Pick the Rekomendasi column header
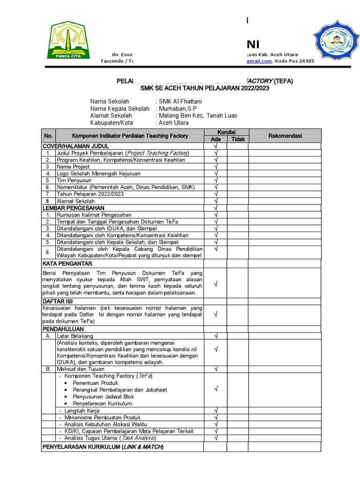click(285, 136)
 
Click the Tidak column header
click(238, 139)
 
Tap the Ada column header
click(216, 139)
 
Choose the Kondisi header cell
click(226, 132)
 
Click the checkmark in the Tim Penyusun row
click(216, 180)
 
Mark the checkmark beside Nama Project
click(216, 166)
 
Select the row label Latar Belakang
click(75, 336)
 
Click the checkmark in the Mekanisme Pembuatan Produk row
click(216, 417)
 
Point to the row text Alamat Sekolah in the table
click(75, 201)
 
